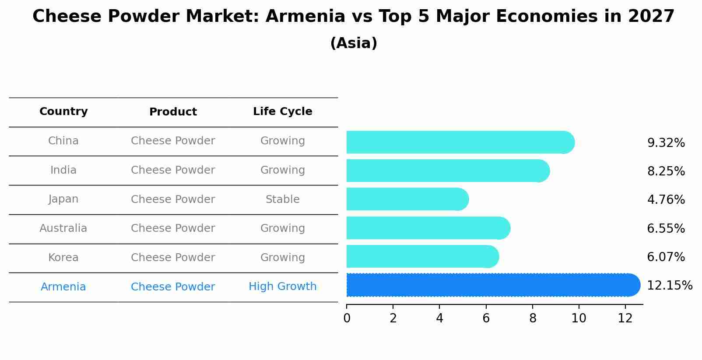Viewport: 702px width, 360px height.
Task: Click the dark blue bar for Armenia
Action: (493, 285)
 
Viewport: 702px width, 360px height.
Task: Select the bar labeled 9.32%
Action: (461, 142)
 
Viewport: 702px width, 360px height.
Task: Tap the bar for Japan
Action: (408, 199)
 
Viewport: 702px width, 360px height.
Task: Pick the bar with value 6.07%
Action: (423, 256)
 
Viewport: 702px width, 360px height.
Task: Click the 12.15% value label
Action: (670, 286)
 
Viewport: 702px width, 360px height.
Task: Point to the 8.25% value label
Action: (666, 171)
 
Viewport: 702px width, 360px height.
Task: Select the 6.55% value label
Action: (666, 228)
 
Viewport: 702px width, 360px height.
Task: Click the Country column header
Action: (63, 111)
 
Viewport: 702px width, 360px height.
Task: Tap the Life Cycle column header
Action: (283, 111)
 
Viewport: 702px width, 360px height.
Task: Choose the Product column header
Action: (173, 112)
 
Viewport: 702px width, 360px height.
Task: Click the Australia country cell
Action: (63, 228)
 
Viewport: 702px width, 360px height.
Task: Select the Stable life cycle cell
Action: (283, 199)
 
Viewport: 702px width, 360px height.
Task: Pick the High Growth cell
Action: (283, 287)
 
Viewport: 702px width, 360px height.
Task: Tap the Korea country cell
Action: (63, 257)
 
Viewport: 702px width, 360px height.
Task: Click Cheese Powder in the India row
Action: (173, 170)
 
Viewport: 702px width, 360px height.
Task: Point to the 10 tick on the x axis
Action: (579, 318)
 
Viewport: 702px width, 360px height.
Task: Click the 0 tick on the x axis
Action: (347, 318)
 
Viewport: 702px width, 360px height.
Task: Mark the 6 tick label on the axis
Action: (486, 318)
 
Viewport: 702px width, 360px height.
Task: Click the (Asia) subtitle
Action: (354, 43)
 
